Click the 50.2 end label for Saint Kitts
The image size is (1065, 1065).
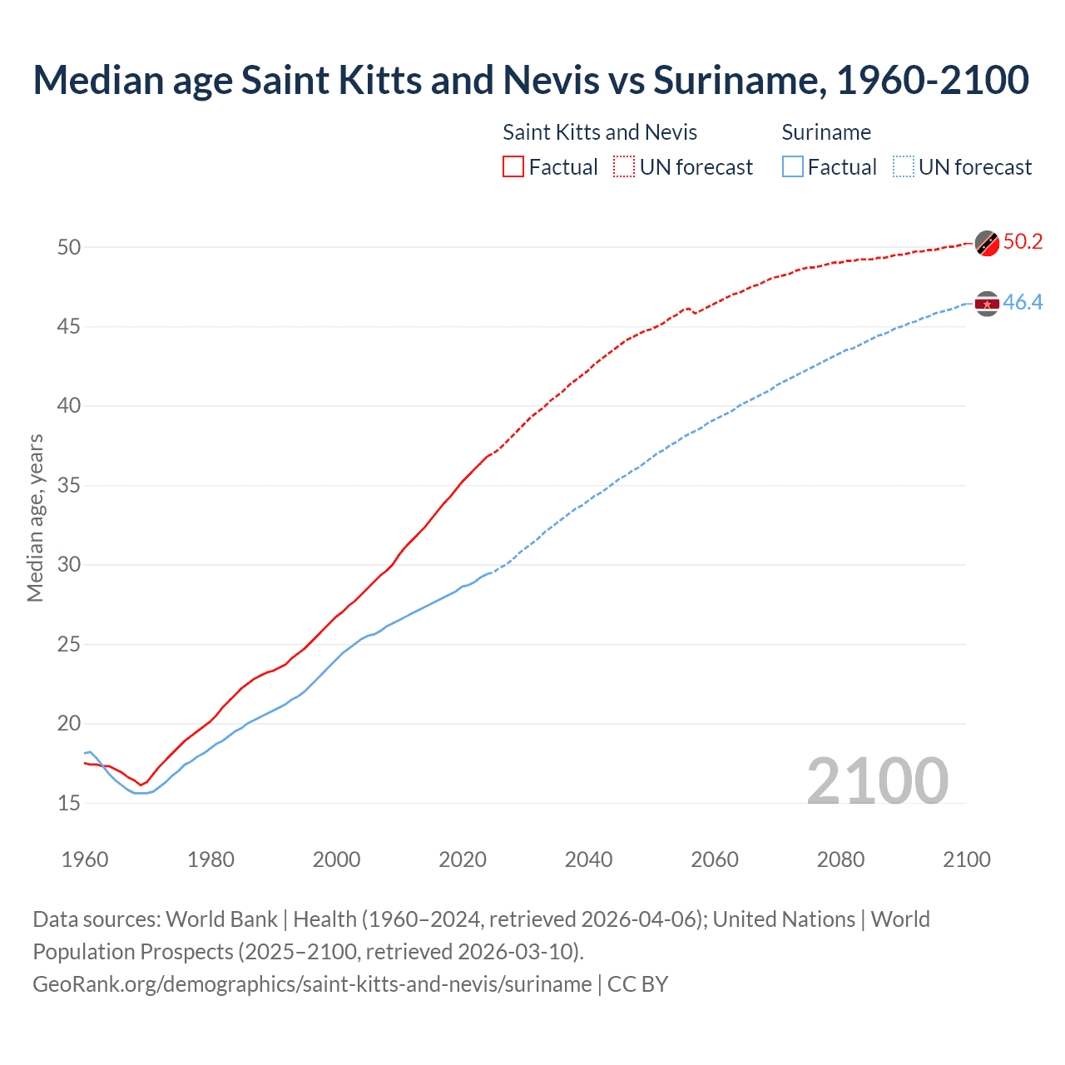click(x=1023, y=242)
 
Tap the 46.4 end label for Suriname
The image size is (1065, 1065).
click(x=1023, y=303)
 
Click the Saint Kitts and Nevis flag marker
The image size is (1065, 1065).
click(x=987, y=243)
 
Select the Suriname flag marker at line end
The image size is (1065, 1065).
click(x=987, y=305)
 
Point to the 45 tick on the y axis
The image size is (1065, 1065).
click(x=69, y=327)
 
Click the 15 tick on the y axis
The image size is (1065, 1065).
click(x=69, y=804)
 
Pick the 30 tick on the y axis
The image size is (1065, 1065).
click(x=69, y=565)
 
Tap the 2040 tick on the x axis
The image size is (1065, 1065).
click(x=588, y=859)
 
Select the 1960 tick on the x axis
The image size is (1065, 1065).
click(x=85, y=859)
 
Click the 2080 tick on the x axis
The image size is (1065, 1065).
click(x=840, y=859)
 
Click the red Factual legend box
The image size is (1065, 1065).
click(x=513, y=166)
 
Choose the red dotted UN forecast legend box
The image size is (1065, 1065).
click(x=624, y=166)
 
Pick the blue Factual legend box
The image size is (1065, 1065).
click(x=793, y=166)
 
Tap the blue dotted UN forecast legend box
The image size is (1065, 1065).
click(x=904, y=166)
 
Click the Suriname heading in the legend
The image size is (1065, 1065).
click(x=826, y=132)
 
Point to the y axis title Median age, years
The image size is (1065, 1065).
click(x=35, y=518)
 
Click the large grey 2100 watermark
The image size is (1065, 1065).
click(x=878, y=780)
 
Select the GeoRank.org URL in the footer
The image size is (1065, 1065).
click(x=312, y=984)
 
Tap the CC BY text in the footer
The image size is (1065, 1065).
click(x=638, y=984)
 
